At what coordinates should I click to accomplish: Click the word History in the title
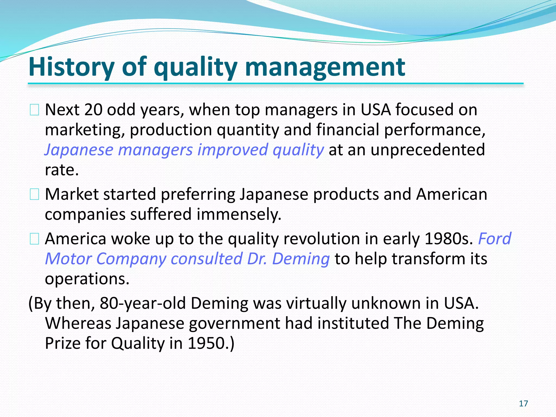tap(71, 67)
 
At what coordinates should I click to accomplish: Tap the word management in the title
tap(325, 67)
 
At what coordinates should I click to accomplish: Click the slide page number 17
tap(523, 403)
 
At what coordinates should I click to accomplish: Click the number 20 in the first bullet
tap(93, 110)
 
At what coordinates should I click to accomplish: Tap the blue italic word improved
tap(232, 150)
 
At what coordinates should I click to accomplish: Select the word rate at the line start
tap(61, 170)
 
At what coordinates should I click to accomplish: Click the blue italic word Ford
tap(494, 239)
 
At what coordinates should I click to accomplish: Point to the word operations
tap(87, 279)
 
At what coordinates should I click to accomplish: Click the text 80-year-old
tap(143, 303)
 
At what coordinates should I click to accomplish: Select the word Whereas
tap(78, 323)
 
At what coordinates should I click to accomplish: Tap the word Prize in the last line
tap(62, 343)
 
